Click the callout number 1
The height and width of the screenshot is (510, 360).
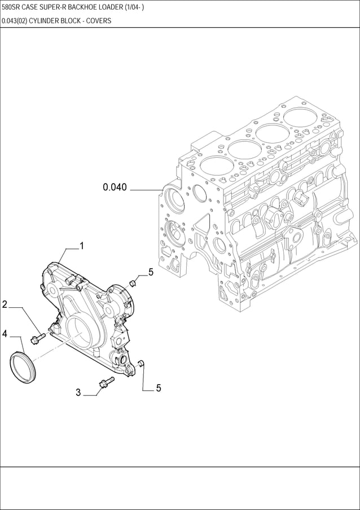(82, 246)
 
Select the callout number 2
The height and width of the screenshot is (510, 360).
(5, 304)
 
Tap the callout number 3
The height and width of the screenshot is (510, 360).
(78, 393)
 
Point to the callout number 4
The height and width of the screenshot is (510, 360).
(5, 334)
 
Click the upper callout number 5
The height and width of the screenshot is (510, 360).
(151, 272)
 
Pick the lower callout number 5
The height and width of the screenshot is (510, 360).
(159, 388)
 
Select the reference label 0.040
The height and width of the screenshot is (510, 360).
(115, 188)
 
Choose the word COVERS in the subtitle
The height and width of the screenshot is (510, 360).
(99, 20)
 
